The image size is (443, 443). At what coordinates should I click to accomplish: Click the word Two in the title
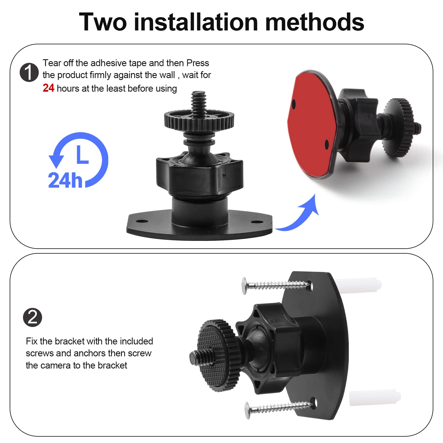103,22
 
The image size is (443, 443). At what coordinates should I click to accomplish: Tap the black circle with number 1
29,72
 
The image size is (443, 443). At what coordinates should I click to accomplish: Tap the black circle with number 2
32,317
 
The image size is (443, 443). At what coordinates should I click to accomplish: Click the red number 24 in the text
48,88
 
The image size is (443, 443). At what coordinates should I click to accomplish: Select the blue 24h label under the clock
65,181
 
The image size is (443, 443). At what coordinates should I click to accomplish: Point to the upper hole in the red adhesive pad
294,105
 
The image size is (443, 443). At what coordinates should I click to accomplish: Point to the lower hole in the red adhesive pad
326,144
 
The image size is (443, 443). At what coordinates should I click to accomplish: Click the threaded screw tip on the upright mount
198,100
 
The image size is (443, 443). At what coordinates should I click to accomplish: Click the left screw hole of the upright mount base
142,221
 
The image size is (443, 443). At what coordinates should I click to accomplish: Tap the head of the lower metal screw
247,410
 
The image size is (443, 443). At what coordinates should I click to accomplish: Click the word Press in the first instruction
198,63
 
